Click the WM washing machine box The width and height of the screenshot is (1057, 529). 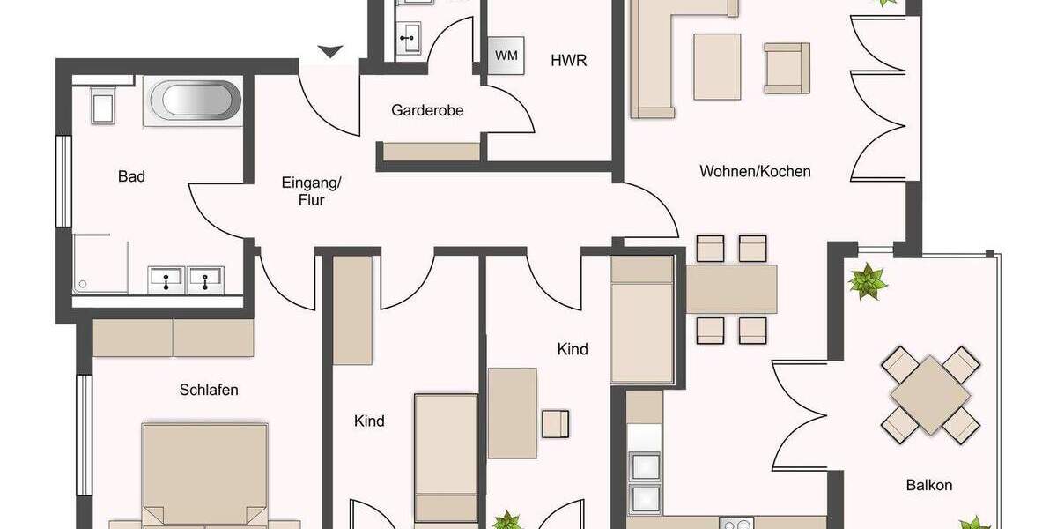tap(506, 56)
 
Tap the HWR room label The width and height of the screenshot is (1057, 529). tap(568, 61)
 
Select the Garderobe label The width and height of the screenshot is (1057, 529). tap(427, 111)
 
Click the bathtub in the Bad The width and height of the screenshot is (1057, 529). tap(195, 101)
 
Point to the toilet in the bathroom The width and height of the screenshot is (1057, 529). tap(102, 106)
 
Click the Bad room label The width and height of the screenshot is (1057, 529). tap(131, 176)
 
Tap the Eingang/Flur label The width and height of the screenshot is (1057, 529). tap(311, 191)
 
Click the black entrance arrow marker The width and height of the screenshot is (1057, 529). tap(329, 52)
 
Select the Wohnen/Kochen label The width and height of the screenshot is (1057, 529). tap(755, 171)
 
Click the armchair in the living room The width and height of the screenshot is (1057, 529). tap(787, 68)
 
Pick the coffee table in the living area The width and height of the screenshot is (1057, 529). tap(717, 66)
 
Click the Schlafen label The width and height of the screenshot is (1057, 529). tap(209, 390)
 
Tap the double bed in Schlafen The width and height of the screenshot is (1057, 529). tap(205, 476)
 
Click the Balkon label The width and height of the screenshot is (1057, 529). tap(929, 485)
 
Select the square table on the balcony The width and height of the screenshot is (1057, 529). tap(931, 394)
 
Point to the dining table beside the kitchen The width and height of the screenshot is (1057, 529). tap(731, 289)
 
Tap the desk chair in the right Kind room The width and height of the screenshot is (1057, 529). tap(556, 423)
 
